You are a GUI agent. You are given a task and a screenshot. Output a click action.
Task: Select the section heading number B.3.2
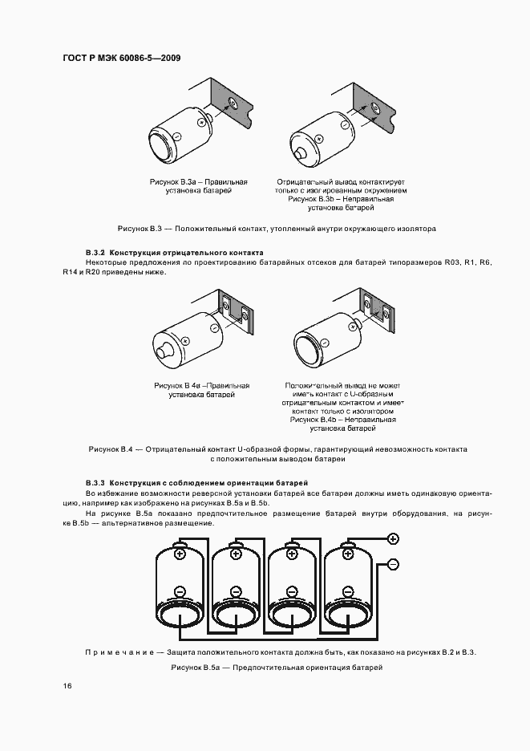[x=95, y=252]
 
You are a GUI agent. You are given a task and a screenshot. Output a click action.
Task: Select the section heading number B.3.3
[x=95, y=483]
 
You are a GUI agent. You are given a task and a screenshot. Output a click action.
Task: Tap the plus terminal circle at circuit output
[x=393, y=538]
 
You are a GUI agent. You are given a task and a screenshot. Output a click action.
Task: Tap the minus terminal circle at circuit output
[x=393, y=564]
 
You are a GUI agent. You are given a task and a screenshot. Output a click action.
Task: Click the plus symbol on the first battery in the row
[x=180, y=554]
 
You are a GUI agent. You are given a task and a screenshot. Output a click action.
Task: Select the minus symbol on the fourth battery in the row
[x=349, y=592]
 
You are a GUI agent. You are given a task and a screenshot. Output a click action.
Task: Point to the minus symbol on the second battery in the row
[x=237, y=592]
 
